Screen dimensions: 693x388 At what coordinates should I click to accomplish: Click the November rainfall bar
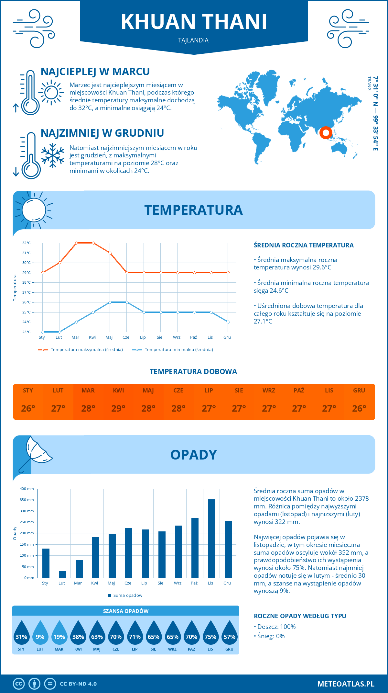click(212, 539)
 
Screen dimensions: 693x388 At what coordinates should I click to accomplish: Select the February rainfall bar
click(62, 574)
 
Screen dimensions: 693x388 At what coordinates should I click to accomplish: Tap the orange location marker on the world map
click(326, 132)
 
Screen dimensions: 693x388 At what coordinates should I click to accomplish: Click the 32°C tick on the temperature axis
click(27, 243)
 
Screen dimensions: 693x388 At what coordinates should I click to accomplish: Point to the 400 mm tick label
click(27, 489)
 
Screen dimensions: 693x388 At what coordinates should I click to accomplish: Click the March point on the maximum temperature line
click(76, 243)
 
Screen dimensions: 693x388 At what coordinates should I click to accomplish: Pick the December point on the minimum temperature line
click(228, 322)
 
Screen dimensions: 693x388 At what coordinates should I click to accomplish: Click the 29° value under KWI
click(118, 408)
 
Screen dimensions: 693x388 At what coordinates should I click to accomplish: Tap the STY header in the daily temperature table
click(28, 391)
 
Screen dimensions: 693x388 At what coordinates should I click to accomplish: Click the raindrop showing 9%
click(40, 633)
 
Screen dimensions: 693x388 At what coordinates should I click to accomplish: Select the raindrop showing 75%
click(210, 633)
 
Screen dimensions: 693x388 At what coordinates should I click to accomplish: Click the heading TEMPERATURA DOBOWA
click(193, 372)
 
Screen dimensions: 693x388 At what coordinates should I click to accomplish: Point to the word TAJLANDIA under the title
click(193, 40)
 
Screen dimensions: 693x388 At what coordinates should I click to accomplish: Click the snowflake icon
click(53, 155)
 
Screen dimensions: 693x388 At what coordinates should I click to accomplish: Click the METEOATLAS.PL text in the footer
click(346, 684)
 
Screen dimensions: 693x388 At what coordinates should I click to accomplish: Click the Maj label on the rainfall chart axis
click(111, 583)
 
